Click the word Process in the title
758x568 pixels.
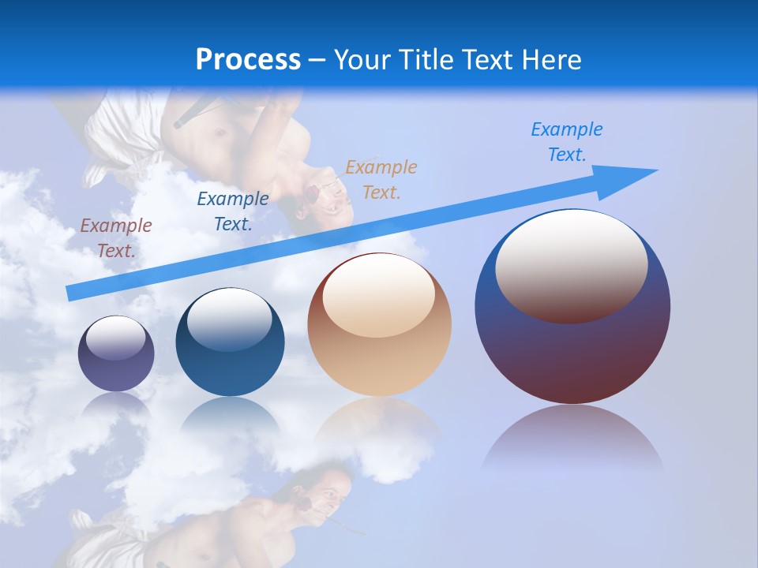point(248,60)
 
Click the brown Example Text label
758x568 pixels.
point(116,238)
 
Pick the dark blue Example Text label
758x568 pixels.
point(232,211)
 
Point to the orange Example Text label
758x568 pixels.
point(381,180)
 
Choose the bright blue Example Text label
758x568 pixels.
point(566,142)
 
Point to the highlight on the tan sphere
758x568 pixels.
point(378,292)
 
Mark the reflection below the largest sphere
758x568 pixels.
point(572,438)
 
